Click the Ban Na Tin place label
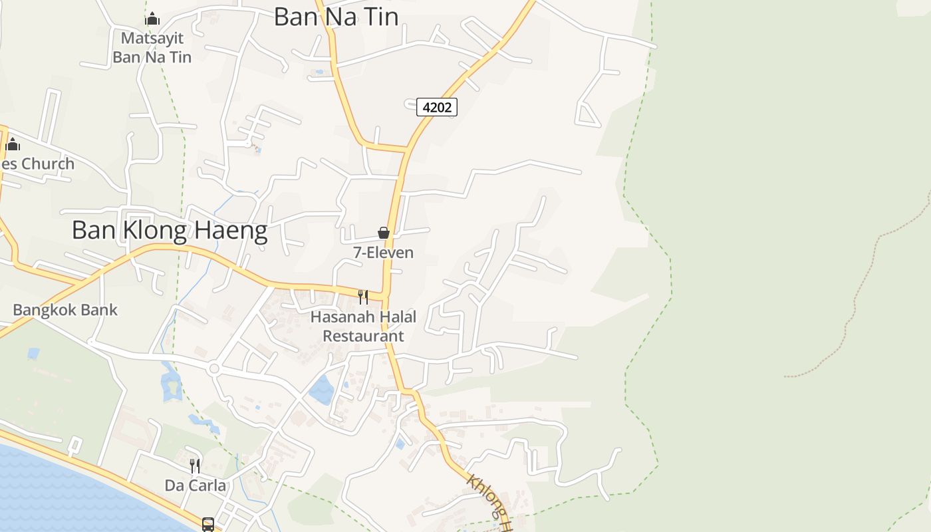pyautogui.click(x=336, y=17)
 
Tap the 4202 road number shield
pyautogui.click(x=437, y=106)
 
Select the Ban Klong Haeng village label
pyautogui.click(x=170, y=230)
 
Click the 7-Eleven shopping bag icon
pyautogui.click(x=384, y=233)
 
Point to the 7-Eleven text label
pyautogui.click(x=383, y=253)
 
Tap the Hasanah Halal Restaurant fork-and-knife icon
pyautogui.click(x=363, y=297)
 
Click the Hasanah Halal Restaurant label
pyautogui.click(x=363, y=327)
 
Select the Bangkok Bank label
pyautogui.click(x=65, y=310)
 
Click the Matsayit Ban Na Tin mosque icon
pyautogui.click(x=152, y=19)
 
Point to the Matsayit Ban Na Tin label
pyautogui.click(x=152, y=48)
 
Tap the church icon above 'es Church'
pyautogui.click(x=13, y=144)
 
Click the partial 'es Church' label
pyautogui.click(x=37, y=164)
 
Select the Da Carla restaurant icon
pyautogui.click(x=195, y=465)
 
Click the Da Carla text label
pyautogui.click(x=196, y=485)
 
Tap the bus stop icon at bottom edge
pyautogui.click(x=208, y=525)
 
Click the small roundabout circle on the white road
pyautogui.click(x=213, y=368)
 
